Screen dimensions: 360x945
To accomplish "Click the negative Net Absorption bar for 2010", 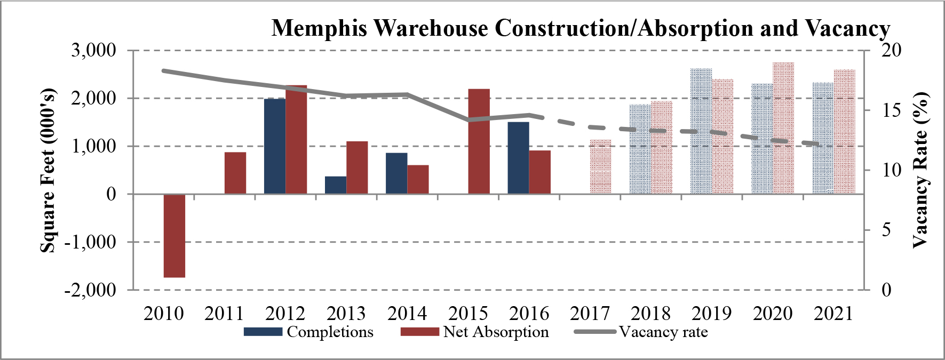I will pyautogui.click(x=174, y=236).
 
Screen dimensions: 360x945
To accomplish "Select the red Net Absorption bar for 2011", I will pyautogui.click(x=235, y=173).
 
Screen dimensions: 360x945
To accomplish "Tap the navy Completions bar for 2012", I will pyautogui.click(x=275, y=146).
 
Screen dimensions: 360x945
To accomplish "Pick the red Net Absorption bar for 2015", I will pyautogui.click(x=479, y=141).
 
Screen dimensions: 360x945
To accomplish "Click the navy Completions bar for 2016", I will pyautogui.click(x=518, y=158).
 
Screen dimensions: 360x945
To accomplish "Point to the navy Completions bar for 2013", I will pyautogui.click(x=336, y=185).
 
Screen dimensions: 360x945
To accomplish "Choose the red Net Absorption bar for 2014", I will pyautogui.click(x=418, y=180).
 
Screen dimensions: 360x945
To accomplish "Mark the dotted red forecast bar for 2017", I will pyautogui.click(x=600, y=167).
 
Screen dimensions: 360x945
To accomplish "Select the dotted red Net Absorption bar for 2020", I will pyautogui.click(x=783, y=128).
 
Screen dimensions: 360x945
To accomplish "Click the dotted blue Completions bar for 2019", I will pyautogui.click(x=701, y=131).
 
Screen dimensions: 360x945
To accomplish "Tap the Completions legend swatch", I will pyautogui.click(x=263, y=332).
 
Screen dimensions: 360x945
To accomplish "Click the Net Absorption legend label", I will pyautogui.click(x=496, y=332).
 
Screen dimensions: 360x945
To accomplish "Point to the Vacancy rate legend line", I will pyautogui.click(x=595, y=332).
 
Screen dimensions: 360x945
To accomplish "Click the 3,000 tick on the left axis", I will pyautogui.click(x=93, y=50).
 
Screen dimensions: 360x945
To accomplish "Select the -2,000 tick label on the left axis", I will pyautogui.click(x=90, y=290).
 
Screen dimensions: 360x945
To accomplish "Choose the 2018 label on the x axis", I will pyautogui.click(x=650, y=313).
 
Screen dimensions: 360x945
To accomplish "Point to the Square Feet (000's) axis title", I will pyautogui.click(x=48, y=170).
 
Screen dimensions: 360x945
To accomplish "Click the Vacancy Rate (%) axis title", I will pyautogui.click(x=920, y=170).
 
